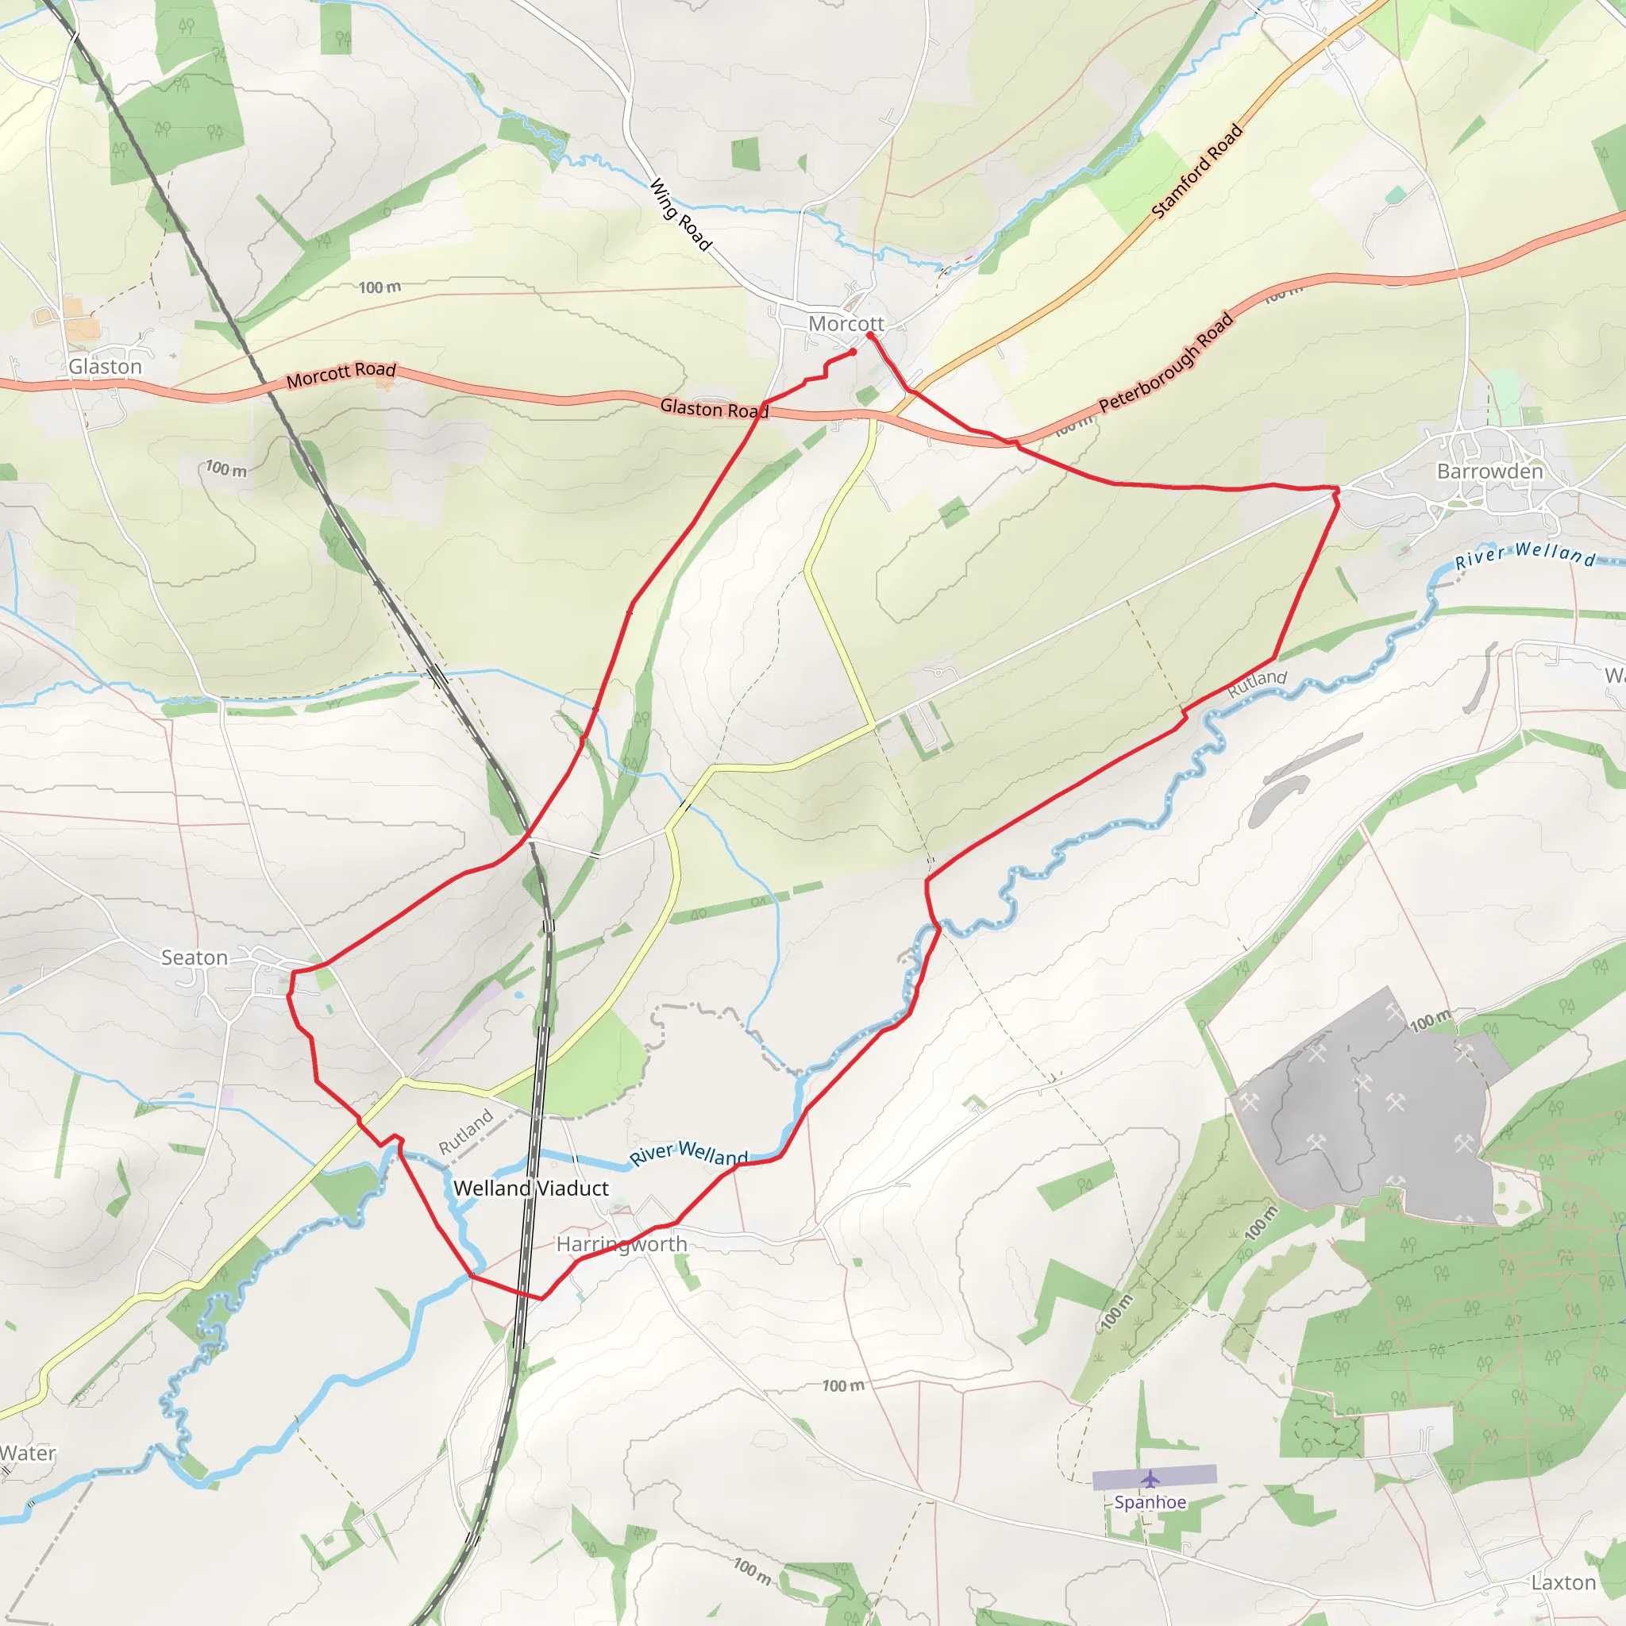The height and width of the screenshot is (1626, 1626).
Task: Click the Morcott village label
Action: pos(846,324)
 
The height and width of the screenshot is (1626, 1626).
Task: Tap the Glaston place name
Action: pos(106,367)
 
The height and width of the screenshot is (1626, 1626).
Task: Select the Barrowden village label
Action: pos(1489,472)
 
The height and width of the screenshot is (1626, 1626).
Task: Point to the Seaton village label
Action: pos(195,957)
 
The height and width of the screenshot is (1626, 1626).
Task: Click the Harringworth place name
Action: pos(622,1244)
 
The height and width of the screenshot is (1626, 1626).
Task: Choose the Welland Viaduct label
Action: pos(530,1189)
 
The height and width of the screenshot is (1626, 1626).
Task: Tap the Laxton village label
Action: pos(1562,1583)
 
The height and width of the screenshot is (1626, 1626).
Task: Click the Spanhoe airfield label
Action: pos(1150,1502)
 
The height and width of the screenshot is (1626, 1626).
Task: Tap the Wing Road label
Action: pos(680,214)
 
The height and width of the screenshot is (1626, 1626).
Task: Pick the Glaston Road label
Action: pos(714,408)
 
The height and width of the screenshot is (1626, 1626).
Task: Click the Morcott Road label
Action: pos(341,375)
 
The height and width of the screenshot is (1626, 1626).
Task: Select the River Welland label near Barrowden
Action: pos(1525,555)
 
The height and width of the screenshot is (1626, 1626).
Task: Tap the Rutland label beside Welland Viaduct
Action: pos(465,1133)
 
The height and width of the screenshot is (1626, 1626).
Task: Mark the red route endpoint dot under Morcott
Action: pos(853,352)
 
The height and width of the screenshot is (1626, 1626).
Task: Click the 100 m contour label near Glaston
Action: pos(226,468)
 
